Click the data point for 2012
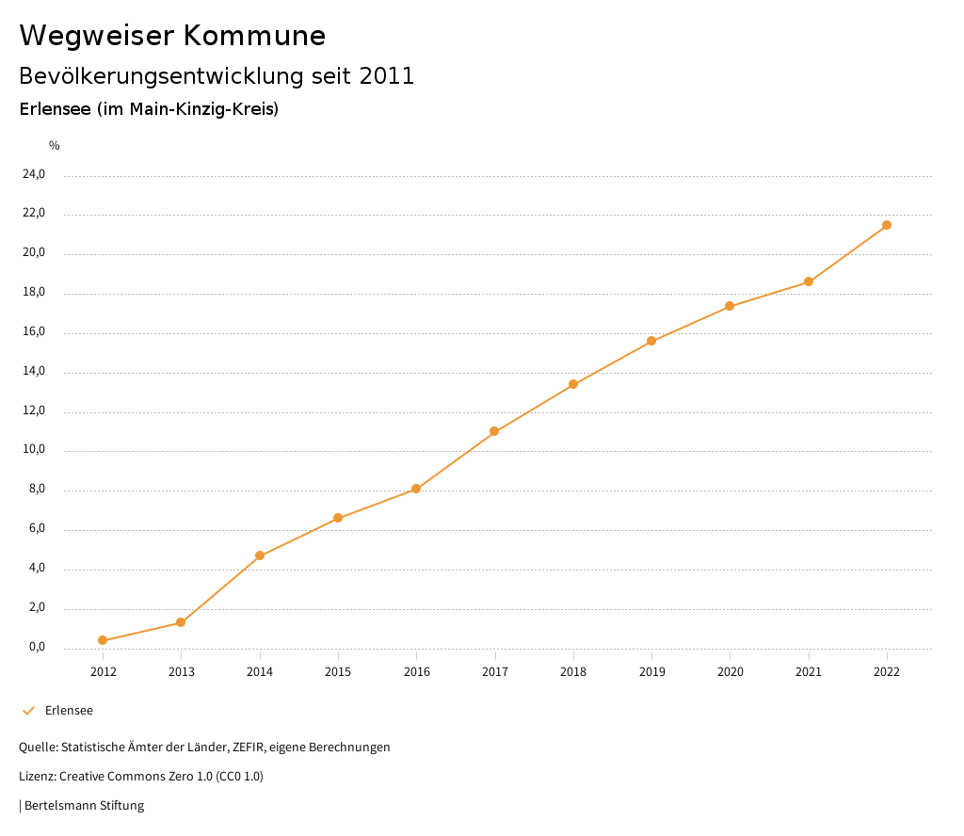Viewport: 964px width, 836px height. click(x=103, y=641)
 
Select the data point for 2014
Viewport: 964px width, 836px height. click(x=260, y=555)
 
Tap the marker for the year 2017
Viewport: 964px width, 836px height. click(x=494, y=431)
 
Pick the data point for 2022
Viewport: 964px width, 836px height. click(x=887, y=225)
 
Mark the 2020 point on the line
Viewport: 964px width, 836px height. click(x=730, y=306)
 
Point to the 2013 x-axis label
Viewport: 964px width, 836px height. click(x=181, y=672)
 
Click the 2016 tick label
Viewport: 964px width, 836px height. click(x=416, y=672)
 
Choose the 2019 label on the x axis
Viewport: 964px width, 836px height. click(x=651, y=672)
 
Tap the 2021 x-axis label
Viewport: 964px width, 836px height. click(x=809, y=672)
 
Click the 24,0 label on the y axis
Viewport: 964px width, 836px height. click(x=34, y=174)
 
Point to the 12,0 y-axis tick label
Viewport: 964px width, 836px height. click(x=34, y=410)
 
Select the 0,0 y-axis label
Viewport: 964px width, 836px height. click(x=37, y=647)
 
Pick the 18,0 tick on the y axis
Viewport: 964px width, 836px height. click(x=34, y=292)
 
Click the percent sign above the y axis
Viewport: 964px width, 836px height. click(x=55, y=146)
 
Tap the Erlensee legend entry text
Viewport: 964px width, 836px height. click(x=69, y=711)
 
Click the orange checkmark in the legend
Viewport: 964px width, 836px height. click(x=28, y=711)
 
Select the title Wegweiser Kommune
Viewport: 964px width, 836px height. click(x=172, y=36)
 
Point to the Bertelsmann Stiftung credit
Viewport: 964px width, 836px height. click(x=84, y=806)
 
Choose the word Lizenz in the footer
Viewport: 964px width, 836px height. click(x=37, y=777)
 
